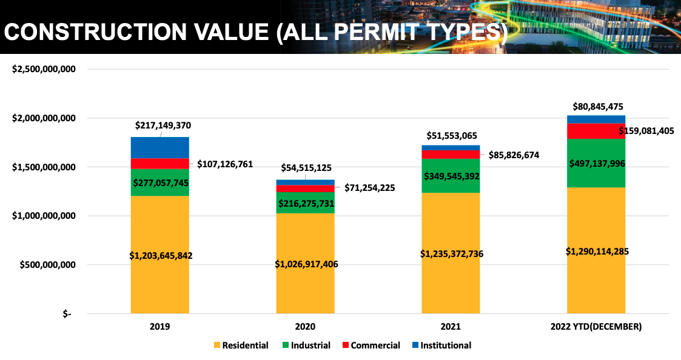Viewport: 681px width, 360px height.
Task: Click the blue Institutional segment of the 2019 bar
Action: coord(159,147)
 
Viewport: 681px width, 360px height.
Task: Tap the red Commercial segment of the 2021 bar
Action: coord(451,154)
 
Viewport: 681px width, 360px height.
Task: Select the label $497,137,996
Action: coord(595,163)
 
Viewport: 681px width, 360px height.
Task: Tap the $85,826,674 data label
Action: coord(509,155)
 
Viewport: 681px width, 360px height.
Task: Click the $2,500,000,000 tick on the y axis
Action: coord(44,69)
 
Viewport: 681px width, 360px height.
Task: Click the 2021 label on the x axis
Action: coord(451,326)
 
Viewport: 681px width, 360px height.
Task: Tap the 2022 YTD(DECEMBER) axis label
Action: coord(596,326)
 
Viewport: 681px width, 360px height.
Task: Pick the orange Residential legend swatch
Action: coord(217,345)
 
